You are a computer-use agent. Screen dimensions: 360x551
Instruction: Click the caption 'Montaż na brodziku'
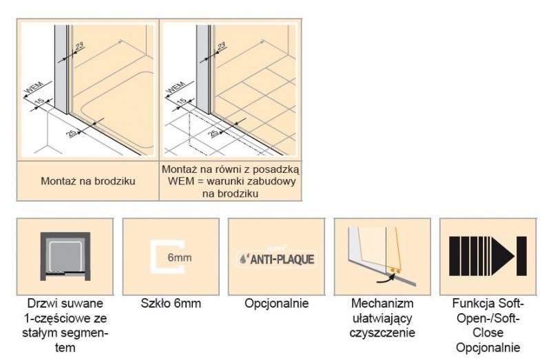[x=87, y=182]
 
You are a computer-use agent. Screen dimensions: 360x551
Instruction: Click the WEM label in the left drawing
[x=33, y=90]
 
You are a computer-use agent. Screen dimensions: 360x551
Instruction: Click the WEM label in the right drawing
[x=176, y=90]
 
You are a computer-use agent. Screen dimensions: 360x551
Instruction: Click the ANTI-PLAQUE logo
[x=275, y=260]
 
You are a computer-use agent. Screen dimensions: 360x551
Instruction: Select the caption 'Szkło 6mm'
[x=170, y=304]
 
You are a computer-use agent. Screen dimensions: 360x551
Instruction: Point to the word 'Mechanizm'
[x=382, y=304]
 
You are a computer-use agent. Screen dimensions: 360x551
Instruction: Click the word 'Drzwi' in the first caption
[x=39, y=304]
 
